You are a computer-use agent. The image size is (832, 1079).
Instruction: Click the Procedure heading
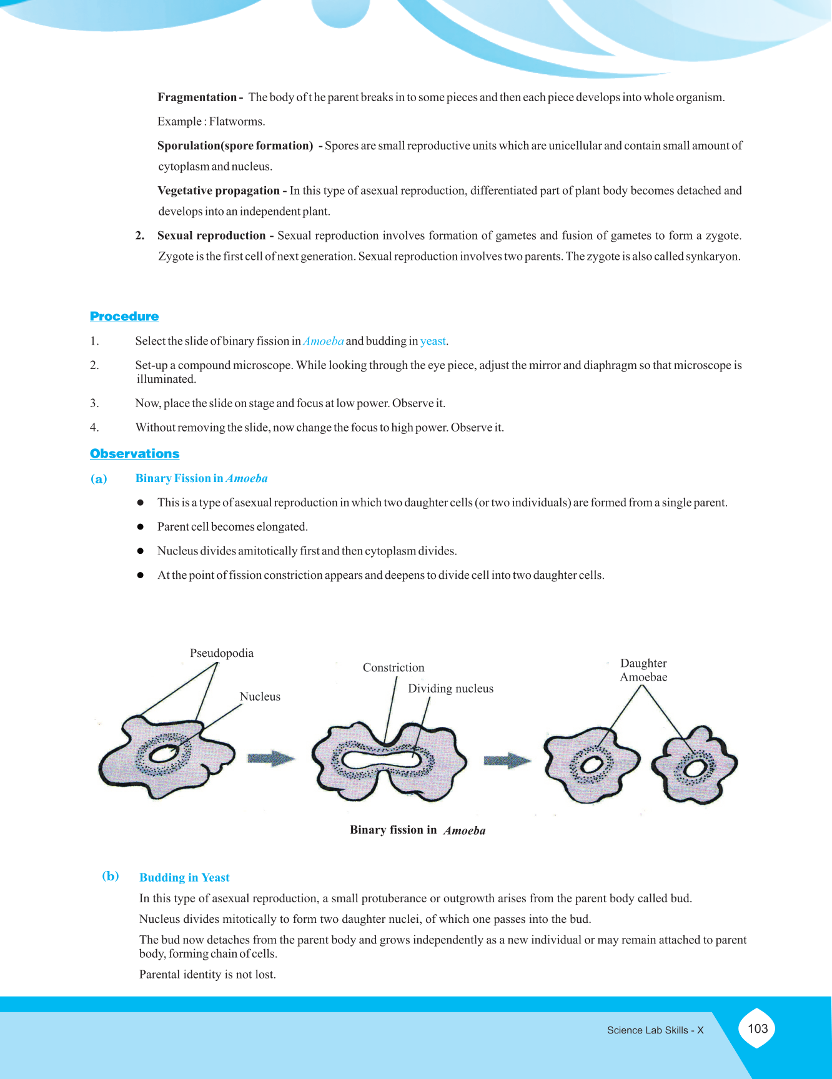click(124, 317)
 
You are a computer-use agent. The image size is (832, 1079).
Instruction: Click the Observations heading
click(134, 454)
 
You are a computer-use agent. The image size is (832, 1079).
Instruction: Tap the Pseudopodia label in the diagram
click(222, 653)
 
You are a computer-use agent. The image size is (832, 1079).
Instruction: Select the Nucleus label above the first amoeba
click(260, 697)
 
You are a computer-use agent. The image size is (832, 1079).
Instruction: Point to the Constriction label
click(394, 668)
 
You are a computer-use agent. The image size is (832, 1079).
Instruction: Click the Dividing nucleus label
click(450, 689)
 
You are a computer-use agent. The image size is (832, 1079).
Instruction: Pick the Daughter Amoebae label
click(643, 670)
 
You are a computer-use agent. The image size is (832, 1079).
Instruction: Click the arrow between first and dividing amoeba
click(271, 759)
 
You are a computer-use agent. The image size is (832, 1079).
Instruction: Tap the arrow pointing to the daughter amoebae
click(507, 761)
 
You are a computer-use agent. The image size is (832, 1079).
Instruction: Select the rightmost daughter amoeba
click(695, 766)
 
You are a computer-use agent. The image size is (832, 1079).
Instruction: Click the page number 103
click(757, 1028)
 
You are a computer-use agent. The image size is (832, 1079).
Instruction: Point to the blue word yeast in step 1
click(433, 341)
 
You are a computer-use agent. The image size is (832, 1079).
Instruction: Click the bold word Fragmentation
click(197, 97)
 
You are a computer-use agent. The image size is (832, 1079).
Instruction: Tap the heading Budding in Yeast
click(184, 877)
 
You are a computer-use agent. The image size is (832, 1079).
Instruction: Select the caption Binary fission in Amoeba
click(417, 830)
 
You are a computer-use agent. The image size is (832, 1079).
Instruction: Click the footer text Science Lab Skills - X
click(655, 1030)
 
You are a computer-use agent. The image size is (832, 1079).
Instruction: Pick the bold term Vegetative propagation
click(219, 190)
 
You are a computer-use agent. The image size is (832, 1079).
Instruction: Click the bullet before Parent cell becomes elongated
click(141, 527)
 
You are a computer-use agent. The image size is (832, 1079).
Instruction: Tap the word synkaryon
click(712, 257)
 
